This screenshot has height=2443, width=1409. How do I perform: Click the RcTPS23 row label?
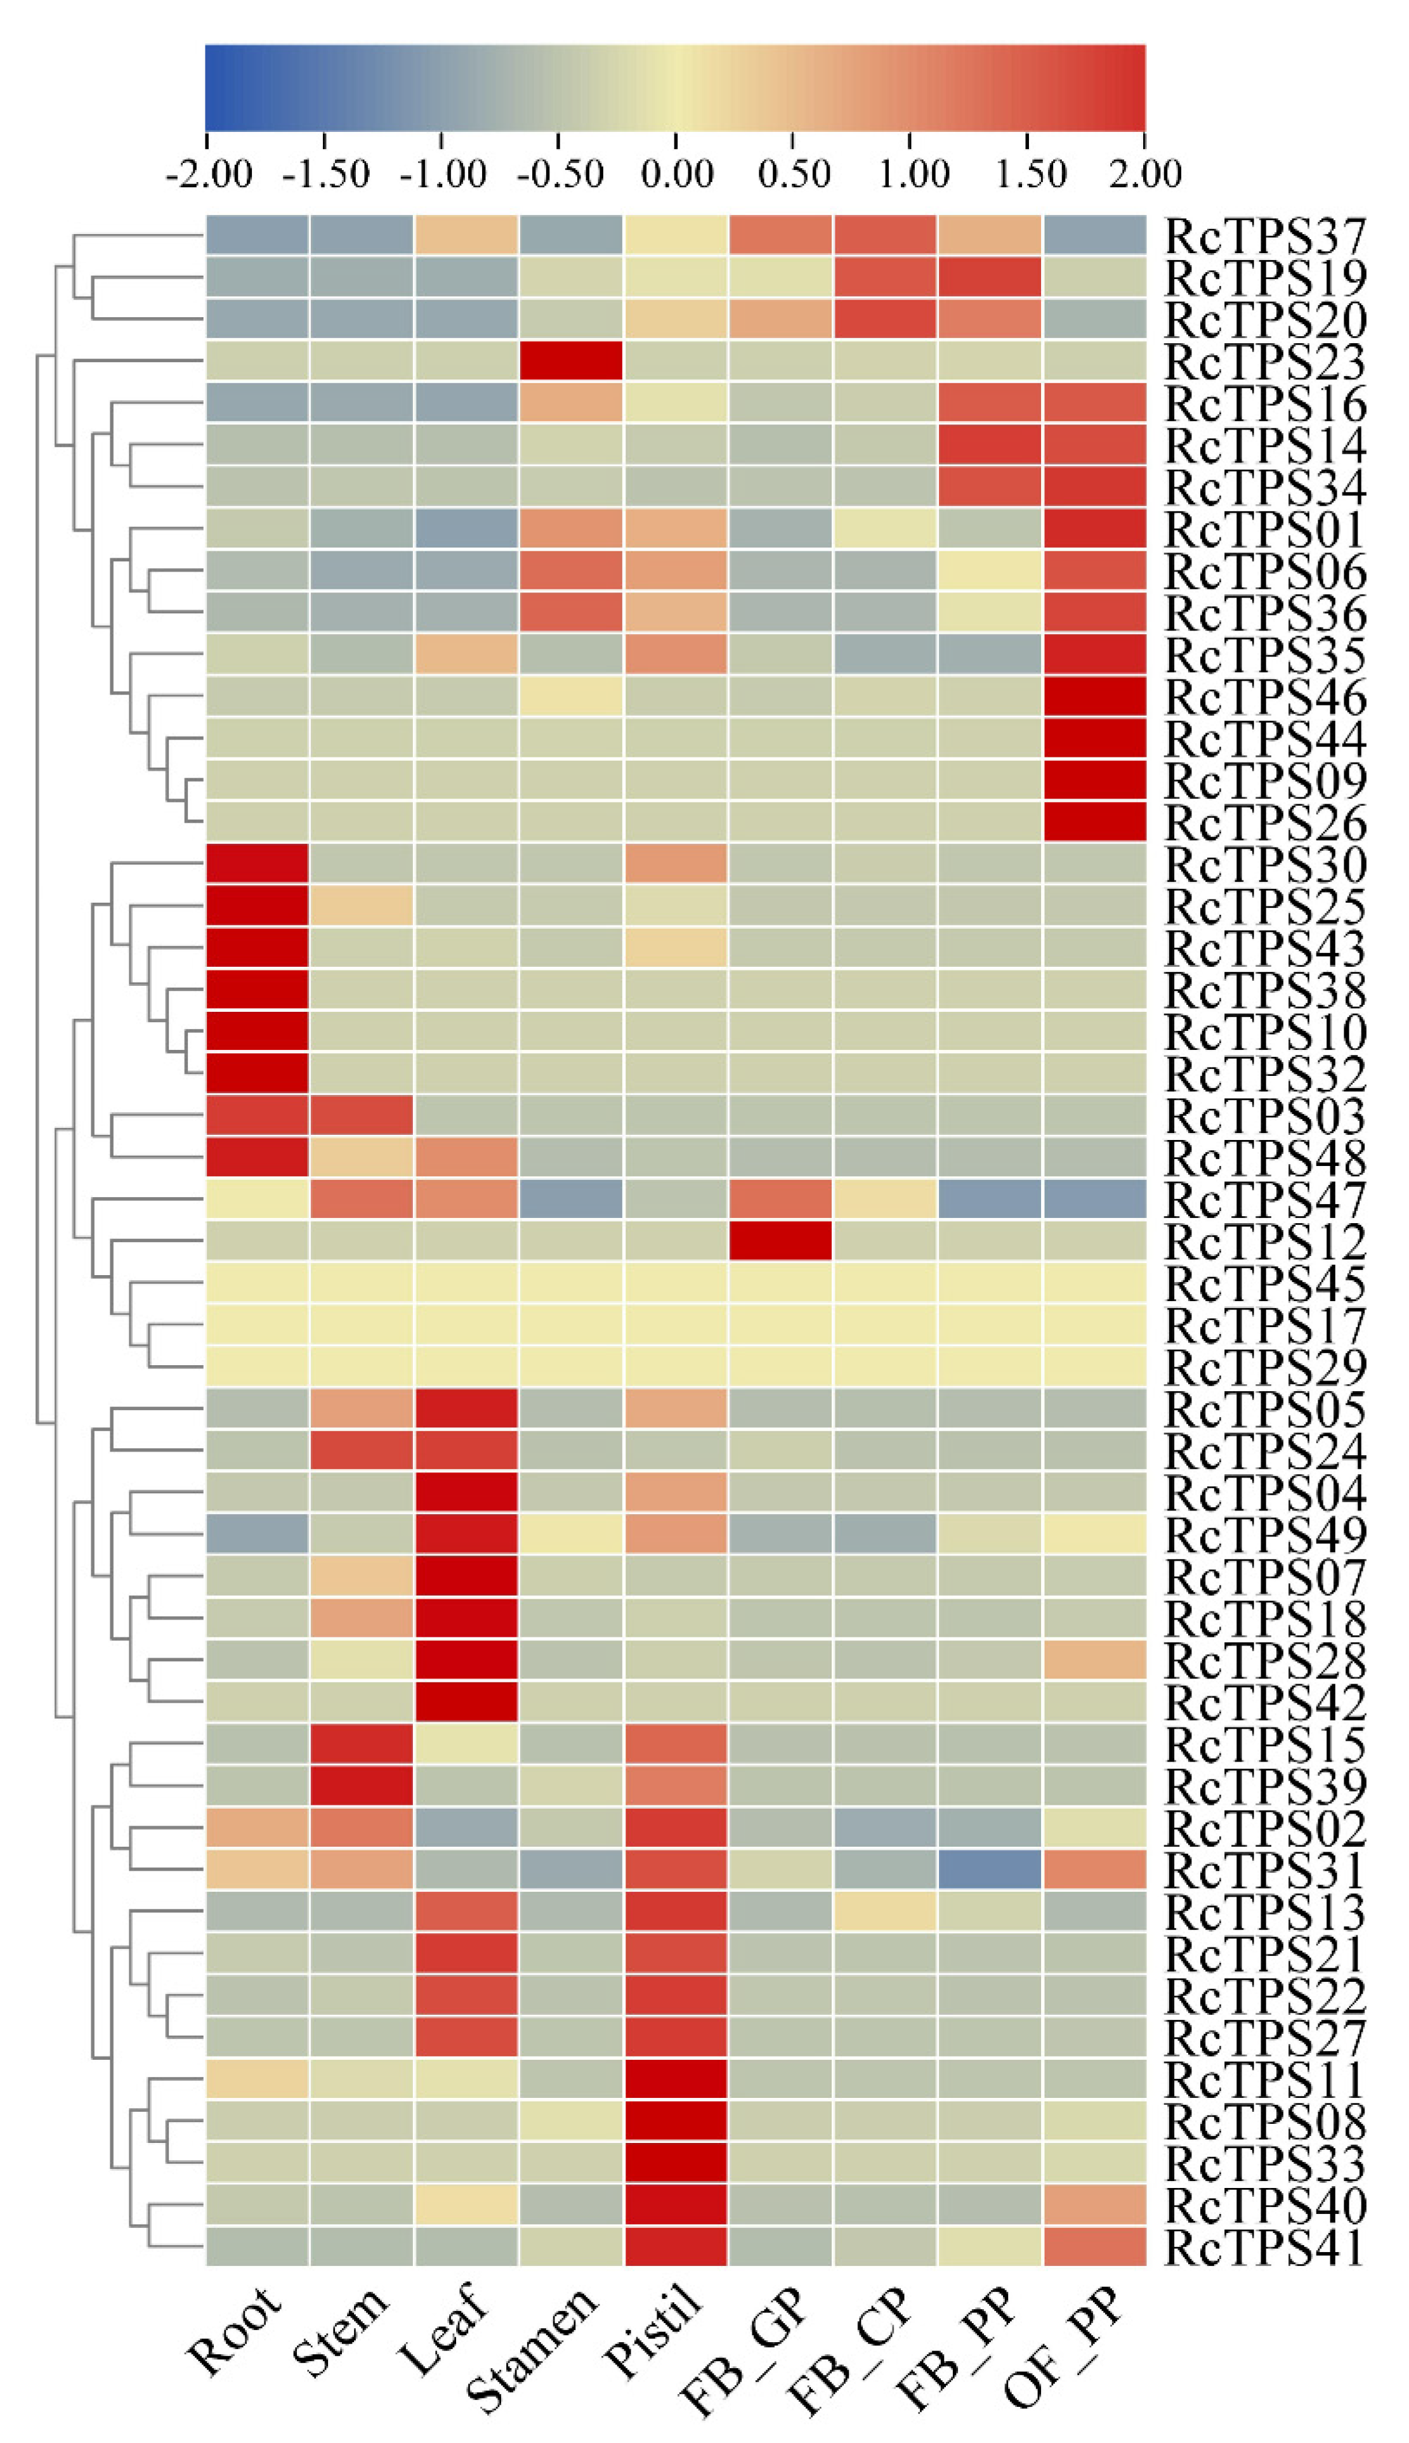pos(1265,361)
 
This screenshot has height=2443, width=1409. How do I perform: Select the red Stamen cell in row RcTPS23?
pos(571,361)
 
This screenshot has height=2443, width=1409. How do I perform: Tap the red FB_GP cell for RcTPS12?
pos(780,1240)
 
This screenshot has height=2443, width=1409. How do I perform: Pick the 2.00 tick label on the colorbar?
pos(1145,175)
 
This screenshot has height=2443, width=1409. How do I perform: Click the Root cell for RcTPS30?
pos(258,863)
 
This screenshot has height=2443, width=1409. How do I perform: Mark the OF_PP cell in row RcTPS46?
pos(1094,696)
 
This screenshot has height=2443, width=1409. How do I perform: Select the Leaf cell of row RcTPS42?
pos(466,1702)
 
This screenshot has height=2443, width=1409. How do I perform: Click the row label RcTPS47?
pos(1265,1200)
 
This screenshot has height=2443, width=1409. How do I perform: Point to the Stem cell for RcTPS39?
pos(362,1786)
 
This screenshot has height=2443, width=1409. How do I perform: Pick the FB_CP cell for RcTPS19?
pos(884,277)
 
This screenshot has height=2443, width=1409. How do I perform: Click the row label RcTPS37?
pos(1265,235)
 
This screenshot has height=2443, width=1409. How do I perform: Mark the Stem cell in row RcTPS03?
pos(362,1115)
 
